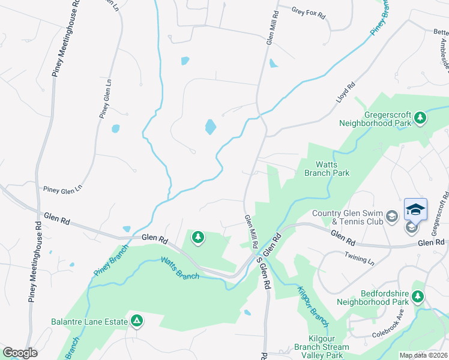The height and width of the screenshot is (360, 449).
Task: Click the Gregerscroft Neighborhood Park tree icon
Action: [x=421, y=117]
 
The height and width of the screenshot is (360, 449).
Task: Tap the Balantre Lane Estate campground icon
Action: [x=137, y=321]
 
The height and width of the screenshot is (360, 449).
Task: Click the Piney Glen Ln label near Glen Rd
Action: [x=61, y=190]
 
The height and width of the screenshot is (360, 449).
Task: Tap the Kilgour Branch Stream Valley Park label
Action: [x=321, y=347]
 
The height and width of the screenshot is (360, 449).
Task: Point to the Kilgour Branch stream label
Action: [x=312, y=306]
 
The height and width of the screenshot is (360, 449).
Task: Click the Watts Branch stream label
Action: [x=179, y=267]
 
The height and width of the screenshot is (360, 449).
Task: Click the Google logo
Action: [x=20, y=353]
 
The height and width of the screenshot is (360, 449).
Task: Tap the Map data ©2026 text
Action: [x=423, y=355]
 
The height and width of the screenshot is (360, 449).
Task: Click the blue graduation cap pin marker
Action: [x=415, y=209]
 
